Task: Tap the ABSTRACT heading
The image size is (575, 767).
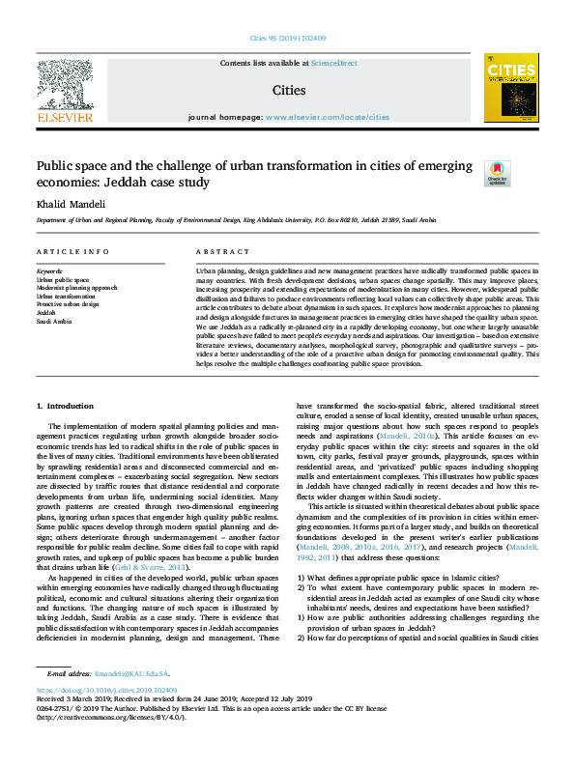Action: pos(216,251)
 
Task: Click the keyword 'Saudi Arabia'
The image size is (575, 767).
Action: pos(55,321)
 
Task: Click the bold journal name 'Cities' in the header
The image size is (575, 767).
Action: pos(288,91)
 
